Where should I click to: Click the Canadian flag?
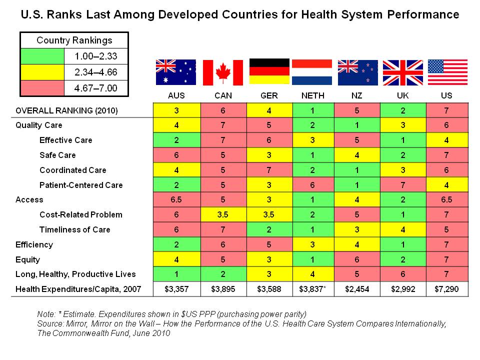coord(222,72)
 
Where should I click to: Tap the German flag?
coord(269,72)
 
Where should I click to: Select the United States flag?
coord(447,72)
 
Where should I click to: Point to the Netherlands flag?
coord(312,72)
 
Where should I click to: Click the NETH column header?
coord(313,95)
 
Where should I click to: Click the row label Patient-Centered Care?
coord(81,185)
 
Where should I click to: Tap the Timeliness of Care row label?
coord(75,230)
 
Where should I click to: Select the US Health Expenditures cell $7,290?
coord(447,289)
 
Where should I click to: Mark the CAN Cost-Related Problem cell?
coord(222,215)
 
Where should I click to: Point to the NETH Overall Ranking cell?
coord(313,110)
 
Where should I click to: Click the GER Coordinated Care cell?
coord(268,170)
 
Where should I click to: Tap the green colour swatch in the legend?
coord(42,56)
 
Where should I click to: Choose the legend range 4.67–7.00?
coord(95,88)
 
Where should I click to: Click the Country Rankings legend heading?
coord(74,40)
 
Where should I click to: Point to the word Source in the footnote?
coord(50,324)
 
